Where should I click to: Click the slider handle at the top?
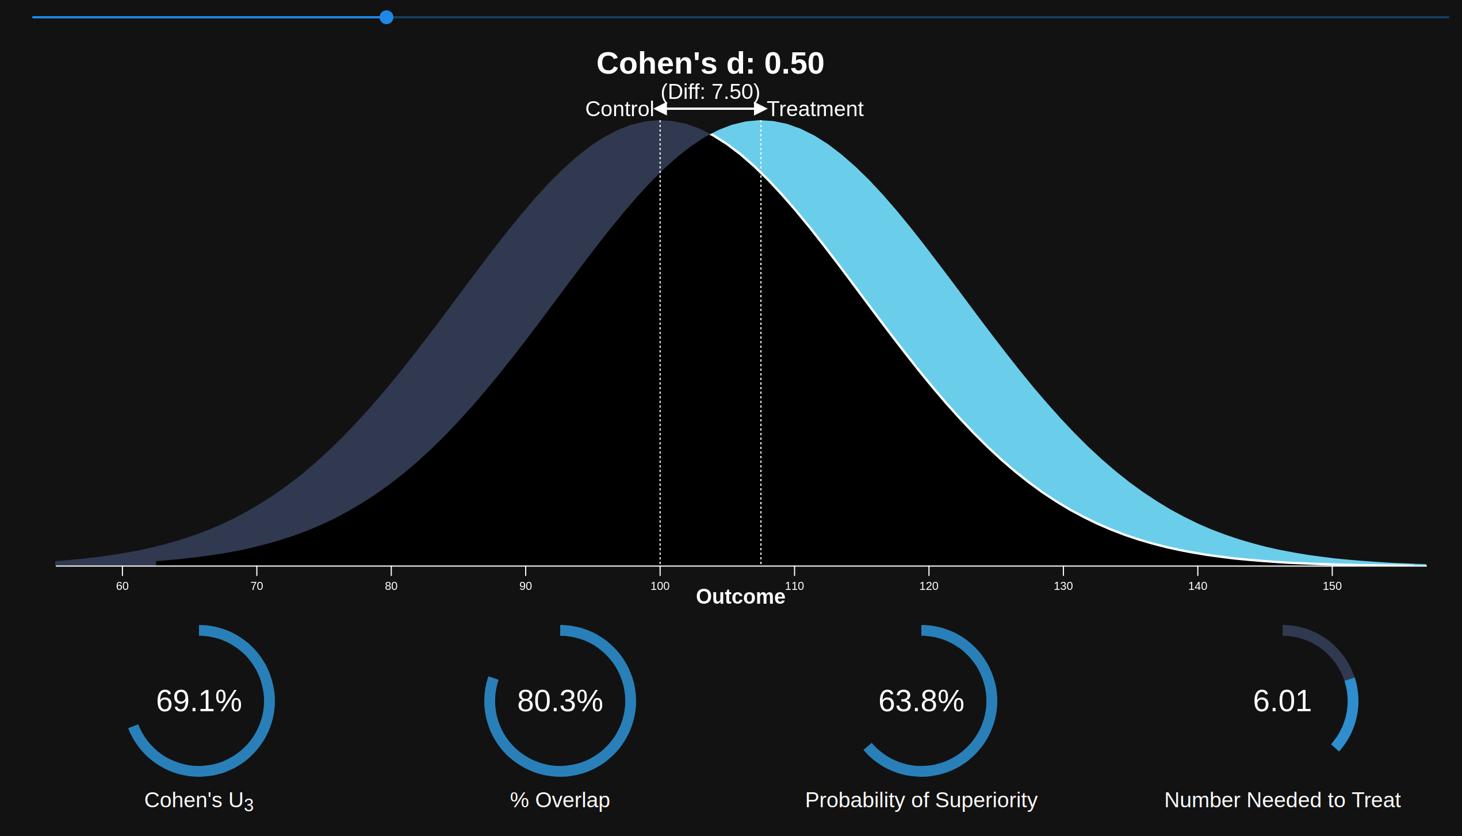point(386,17)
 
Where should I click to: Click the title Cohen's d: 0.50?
point(710,63)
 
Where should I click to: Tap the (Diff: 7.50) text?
point(710,92)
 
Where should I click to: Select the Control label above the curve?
point(619,109)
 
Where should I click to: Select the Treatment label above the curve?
point(815,109)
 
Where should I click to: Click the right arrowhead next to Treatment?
point(760,109)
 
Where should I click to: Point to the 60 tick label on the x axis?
point(123,586)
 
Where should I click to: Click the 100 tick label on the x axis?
point(660,586)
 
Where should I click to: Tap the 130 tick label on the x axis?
point(1063,586)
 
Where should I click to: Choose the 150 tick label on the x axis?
point(1331,586)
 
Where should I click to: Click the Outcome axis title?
point(740,597)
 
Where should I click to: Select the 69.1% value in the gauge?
point(199,701)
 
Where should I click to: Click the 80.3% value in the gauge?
point(560,701)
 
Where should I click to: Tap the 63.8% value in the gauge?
point(921,701)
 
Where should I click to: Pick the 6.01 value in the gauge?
point(1282,701)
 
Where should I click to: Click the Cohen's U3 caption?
point(199,800)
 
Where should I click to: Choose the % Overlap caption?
point(560,800)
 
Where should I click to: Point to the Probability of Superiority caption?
point(921,800)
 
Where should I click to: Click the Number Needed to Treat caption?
point(1282,800)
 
